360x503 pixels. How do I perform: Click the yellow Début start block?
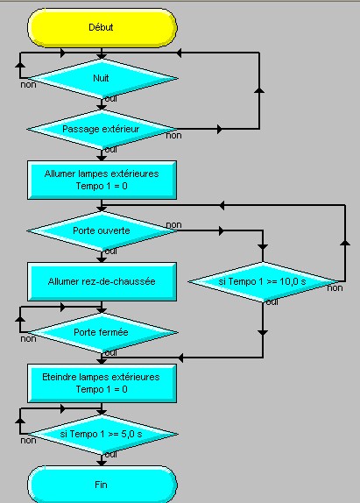pos(102,27)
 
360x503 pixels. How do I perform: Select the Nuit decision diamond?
pos(102,78)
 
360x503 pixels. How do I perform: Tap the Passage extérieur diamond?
pos(102,130)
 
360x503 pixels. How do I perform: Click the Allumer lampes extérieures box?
pos(102,180)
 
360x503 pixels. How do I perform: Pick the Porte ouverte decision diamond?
pos(102,230)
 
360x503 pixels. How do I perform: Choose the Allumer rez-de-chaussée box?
pos(102,281)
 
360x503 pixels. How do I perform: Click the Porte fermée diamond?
pos(102,332)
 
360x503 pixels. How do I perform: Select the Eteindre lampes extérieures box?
pos(102,383)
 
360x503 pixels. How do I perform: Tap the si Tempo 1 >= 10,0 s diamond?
pos(263,281)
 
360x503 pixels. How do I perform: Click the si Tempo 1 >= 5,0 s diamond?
pos(102,434)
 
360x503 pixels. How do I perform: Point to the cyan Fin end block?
pos(102,485)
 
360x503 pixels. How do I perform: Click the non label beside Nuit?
pos(28,85)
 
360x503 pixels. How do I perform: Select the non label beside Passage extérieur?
pos(173,136)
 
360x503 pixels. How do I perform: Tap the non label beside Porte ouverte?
pos(173,225)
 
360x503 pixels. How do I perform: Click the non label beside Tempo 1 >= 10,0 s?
pos(335,288)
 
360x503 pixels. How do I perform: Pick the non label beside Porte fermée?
pos(28,339)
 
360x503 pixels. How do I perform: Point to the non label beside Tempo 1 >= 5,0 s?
pos(28,441)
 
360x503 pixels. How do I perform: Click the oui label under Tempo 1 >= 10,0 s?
pos(272,301)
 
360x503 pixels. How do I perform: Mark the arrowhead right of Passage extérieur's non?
pos(220,130)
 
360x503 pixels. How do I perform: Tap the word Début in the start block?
pos(101,27)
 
